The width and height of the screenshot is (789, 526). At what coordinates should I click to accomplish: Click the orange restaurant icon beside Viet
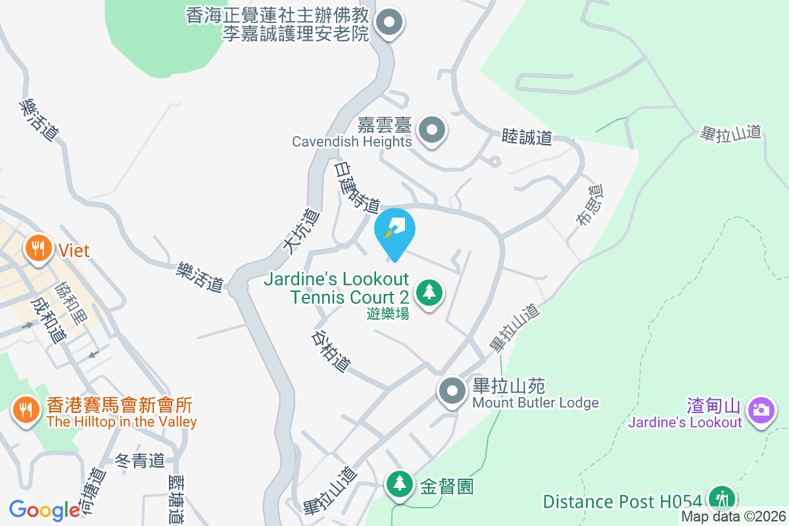click(x=39, y=249)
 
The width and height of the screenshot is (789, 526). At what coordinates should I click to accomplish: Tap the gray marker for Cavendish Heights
click(x=432, y=130)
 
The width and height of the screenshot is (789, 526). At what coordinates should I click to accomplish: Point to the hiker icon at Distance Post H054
click(x=723, y=498)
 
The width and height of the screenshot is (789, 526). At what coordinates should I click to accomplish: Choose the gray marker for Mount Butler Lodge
click(x=452, y=391)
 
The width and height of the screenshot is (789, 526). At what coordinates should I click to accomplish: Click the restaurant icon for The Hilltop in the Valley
click(x=25, y=410)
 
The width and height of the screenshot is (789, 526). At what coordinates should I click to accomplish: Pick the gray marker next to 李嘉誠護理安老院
click(x=389, y=23)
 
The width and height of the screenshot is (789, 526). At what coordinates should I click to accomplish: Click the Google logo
click(x=44, y=510)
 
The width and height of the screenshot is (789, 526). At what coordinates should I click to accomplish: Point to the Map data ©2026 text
click(x=733, y=517)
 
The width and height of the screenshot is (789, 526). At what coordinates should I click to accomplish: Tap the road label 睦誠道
click(x=526, y=137)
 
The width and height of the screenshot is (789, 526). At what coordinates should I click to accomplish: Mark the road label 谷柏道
click(x=331, y=350)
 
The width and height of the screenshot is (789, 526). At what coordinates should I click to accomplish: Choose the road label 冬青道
click(x=139, y=461)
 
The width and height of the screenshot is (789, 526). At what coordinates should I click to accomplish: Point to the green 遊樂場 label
click(x=388, y=314)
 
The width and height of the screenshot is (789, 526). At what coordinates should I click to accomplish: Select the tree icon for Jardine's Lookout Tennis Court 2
click(x=429, y=291)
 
